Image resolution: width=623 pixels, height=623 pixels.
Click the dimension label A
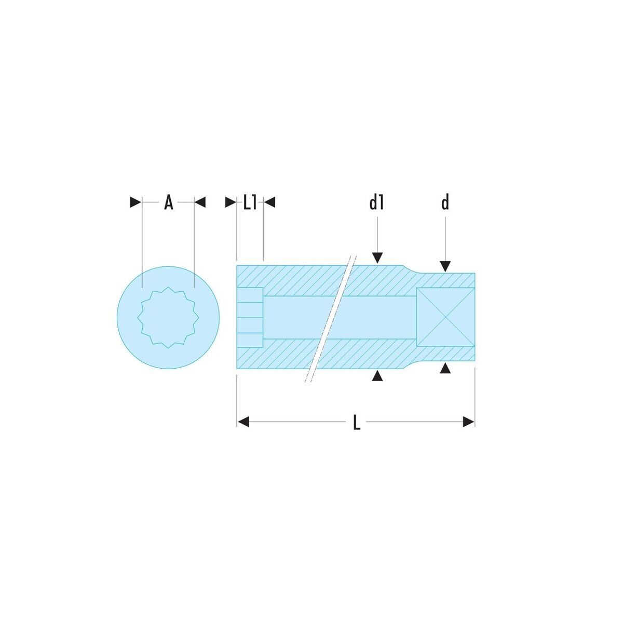[x=168, y=202]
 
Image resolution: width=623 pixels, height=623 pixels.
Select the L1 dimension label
[x=250, y=202]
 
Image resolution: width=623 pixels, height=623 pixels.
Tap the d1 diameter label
[x=376, y=202]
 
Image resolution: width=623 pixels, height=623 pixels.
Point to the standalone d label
[x=445, y=202]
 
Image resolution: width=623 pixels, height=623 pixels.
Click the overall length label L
[x=356, y=422]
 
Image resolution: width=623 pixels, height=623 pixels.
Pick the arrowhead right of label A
[x=200, y=202]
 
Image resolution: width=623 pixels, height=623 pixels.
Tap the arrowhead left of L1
[x=231, y=202]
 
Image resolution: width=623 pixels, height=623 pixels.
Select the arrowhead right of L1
[x=269, y=202]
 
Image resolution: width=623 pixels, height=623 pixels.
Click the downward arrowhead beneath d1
[x=377, y=258]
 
